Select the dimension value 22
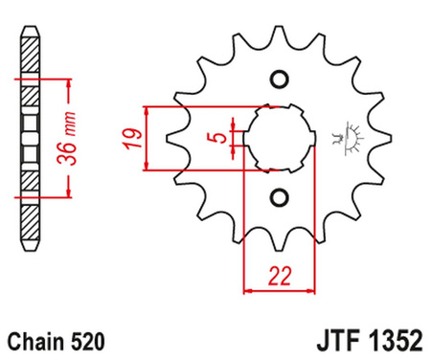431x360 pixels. click(x=280, y=276)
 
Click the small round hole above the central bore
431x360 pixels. click(x=280, y=79)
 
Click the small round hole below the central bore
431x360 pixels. click(x=280, y=198)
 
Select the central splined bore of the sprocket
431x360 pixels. click(x=280, y=138)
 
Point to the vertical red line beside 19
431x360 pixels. click(x=146, y=138)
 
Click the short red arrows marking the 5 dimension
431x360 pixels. click(x=236, y=138)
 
